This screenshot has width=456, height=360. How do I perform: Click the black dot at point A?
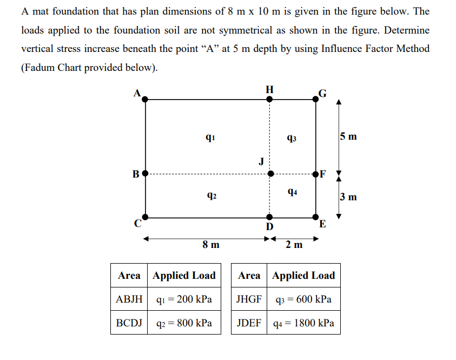tap(146, 99)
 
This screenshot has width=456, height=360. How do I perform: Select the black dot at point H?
tap(269, 99)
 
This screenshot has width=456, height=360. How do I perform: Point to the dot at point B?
tap(145, 174)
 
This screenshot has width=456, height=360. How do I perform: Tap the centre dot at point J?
tap(269, 174)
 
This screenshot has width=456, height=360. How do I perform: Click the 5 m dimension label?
tap(349, 136)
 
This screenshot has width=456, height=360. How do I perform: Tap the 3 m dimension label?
tap(349, 196)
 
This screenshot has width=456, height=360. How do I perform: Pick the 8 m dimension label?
tap(211, 245)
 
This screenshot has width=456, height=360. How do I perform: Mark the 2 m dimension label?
tap(294, 245)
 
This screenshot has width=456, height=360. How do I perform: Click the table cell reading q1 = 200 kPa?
tap(184, 299)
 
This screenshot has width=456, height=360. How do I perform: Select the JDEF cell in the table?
tap(249, 324)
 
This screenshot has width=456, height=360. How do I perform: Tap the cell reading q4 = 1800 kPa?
tap(303, 324)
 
